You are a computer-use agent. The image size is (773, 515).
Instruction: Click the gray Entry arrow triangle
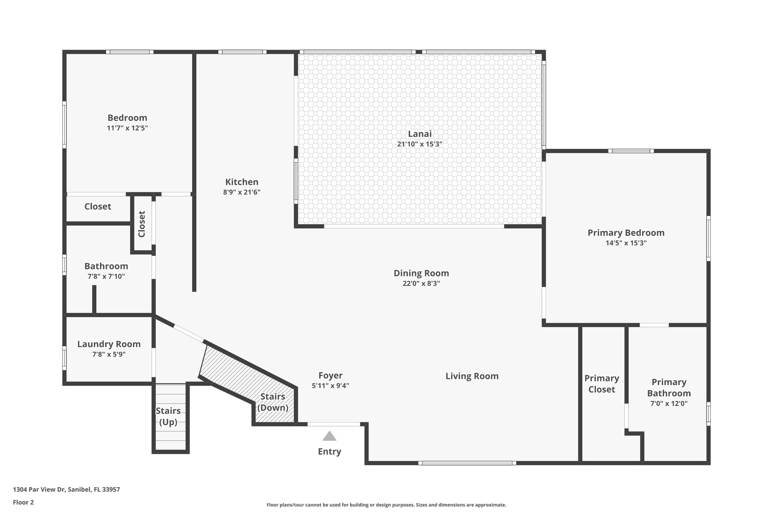329,436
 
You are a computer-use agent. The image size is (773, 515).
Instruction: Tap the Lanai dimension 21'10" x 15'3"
419,144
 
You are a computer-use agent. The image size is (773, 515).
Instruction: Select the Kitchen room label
242,182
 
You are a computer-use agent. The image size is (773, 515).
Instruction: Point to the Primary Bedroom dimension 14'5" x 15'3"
626,243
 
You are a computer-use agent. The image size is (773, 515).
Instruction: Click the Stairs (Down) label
273,402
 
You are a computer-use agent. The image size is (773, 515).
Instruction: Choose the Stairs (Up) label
168,416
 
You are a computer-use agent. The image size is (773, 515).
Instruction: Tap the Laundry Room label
109,344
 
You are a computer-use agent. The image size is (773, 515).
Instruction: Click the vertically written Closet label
142,224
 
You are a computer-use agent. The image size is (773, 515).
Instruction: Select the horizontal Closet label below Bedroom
98,206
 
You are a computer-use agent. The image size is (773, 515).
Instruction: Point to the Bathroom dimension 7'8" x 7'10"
106,277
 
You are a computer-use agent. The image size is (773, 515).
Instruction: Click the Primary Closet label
602,384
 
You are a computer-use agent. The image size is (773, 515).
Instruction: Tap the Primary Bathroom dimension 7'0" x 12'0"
669,403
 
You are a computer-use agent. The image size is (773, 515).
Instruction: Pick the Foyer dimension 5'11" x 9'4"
330,386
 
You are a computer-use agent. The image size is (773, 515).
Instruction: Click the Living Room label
472,376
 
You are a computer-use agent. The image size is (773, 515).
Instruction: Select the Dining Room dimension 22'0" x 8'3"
421,283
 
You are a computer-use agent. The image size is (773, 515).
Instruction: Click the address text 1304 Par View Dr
66,490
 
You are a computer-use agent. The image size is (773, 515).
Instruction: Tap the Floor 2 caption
23,502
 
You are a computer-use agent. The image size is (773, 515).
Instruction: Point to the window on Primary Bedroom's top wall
631,151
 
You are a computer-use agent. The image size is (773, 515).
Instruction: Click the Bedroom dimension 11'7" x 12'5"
127,128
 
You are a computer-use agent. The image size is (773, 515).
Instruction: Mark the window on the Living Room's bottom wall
467,463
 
